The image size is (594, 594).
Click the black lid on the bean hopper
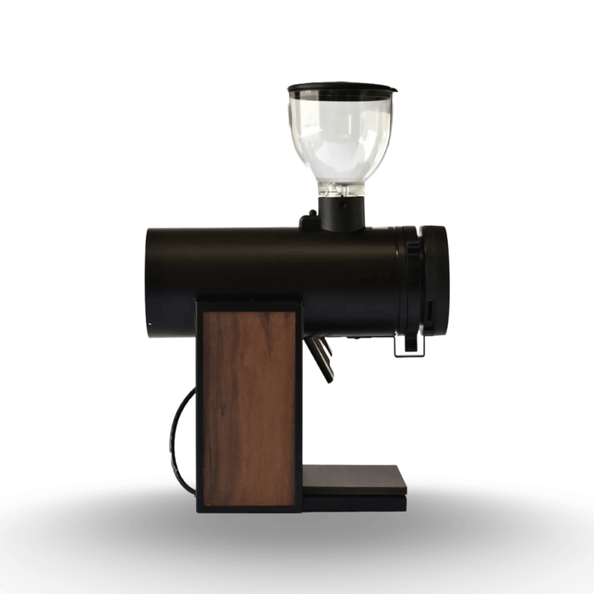[x=341, y=88]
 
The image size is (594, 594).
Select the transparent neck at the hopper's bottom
[x=341, y=189]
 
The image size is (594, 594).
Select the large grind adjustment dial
[x=434, y=280]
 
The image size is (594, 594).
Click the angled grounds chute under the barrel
[x=321, y=357]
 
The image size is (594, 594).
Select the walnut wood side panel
[x=248, y=407]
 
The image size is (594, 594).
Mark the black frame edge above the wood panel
[x=248, y=302]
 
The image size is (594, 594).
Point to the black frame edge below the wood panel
[x=248, y=508]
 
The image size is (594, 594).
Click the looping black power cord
[x=179, y=441]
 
